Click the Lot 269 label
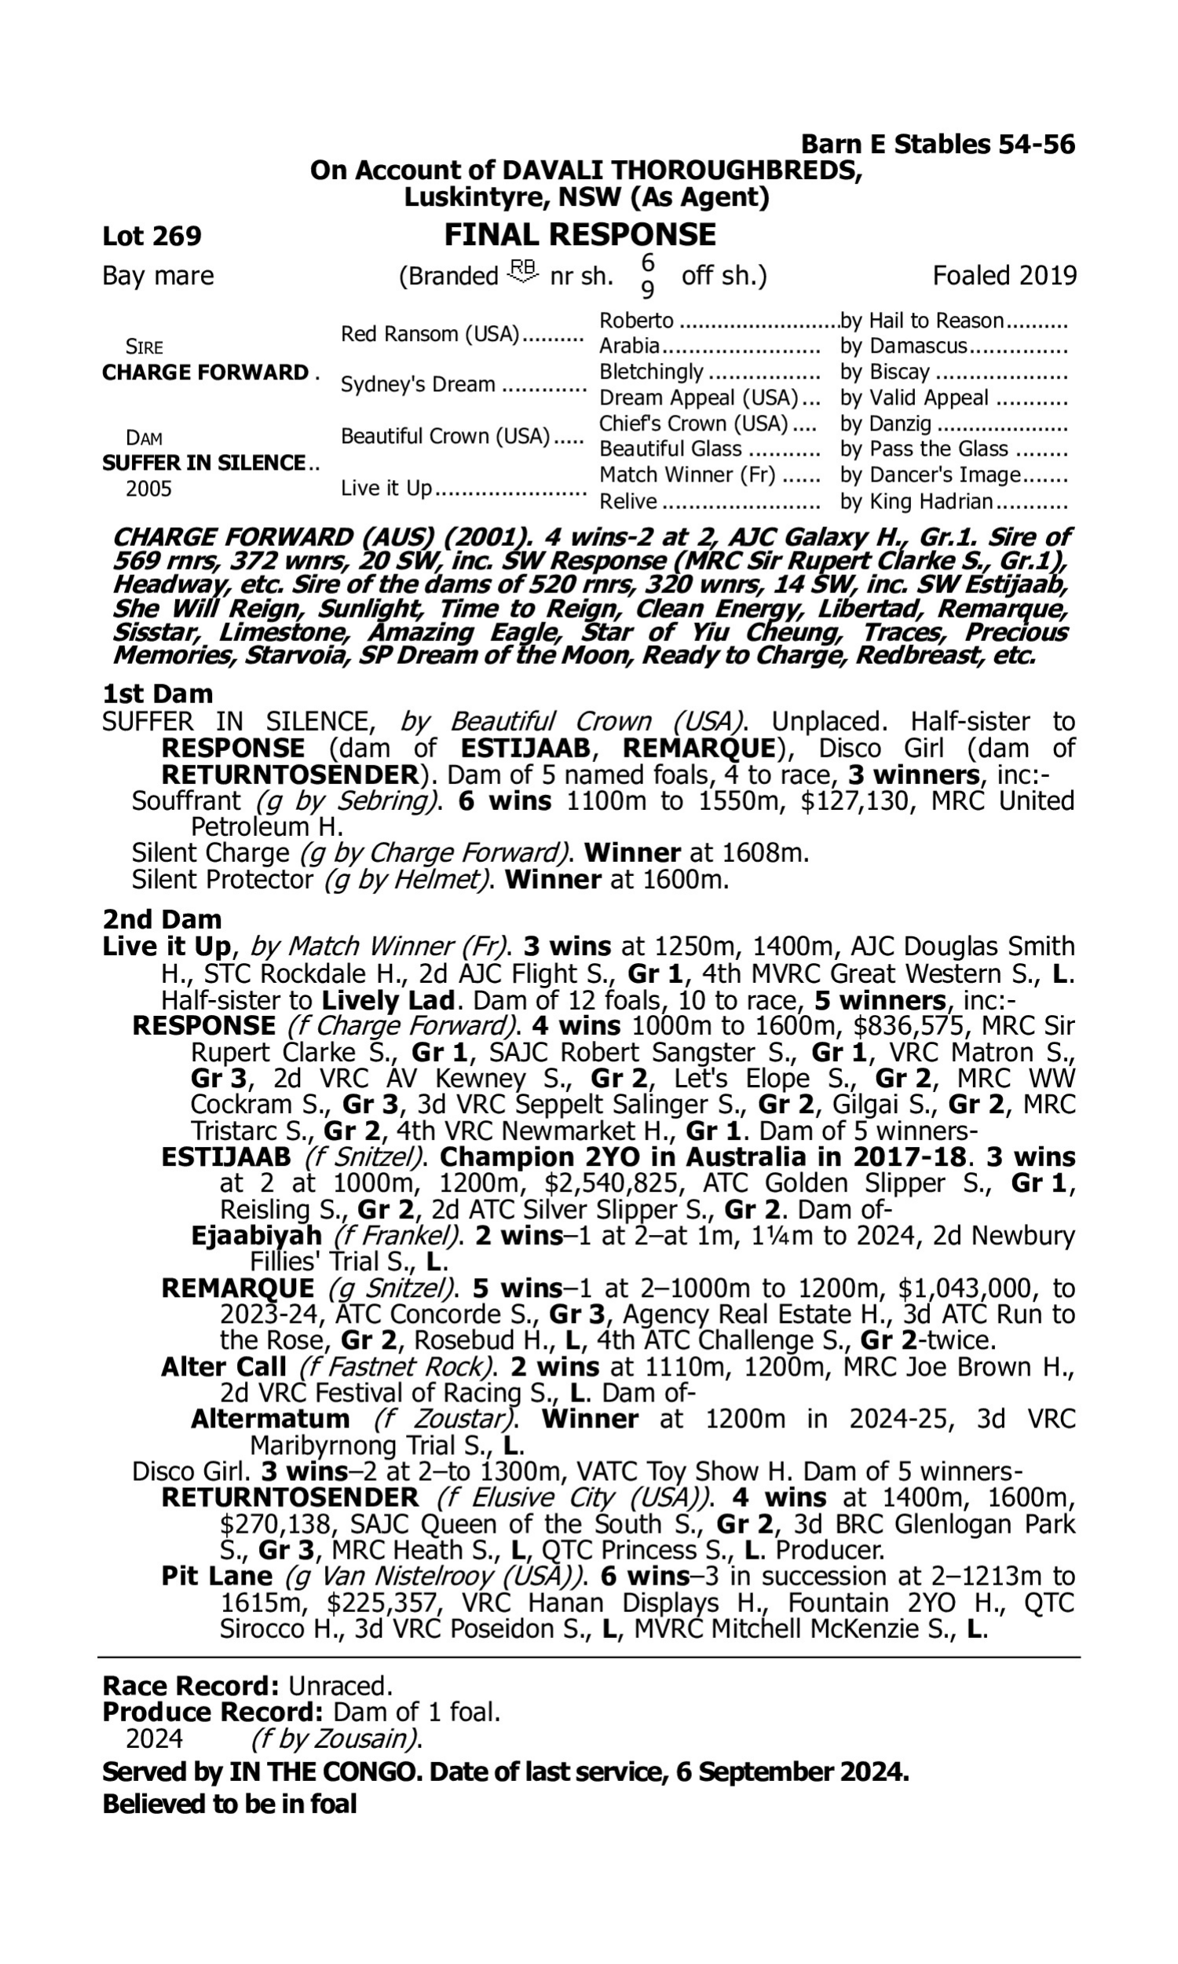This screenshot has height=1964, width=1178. click(152, 236)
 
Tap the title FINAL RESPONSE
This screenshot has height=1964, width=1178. click(580, 235)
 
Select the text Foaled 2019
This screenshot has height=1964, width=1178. click(1004, 276)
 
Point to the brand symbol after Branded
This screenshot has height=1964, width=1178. click(524, 273)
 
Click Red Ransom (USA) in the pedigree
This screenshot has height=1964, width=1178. click(430, 334)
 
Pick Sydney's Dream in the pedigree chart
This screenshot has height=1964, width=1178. click(418, 384)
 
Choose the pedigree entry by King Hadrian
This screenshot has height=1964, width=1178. click(916, 502)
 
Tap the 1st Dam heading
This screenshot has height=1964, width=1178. click(157, 694)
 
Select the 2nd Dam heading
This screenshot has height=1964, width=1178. click(161, 919)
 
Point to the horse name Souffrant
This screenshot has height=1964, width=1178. click(186, 801)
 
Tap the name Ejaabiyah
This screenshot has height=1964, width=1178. click(256, 1235)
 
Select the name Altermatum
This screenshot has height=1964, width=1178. click(270, 1419)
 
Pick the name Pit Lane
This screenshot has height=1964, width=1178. click(216, 1576)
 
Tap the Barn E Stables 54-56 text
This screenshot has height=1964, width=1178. click(938, 144)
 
